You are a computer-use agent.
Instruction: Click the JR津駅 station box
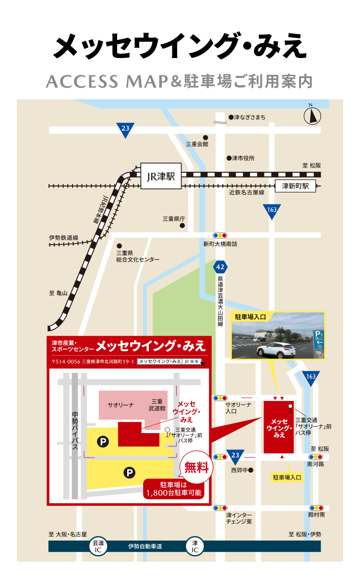[x=160, y=177]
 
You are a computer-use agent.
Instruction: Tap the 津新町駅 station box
[x=295, y=186]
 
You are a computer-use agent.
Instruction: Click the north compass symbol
[x=312, y=115]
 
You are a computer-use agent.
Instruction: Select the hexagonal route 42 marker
[x=220, y=267]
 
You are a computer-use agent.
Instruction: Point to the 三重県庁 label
[x=173, y=219]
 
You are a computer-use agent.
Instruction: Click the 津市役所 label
[x=243, y=158]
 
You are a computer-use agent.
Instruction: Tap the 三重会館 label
[x=197, y=143]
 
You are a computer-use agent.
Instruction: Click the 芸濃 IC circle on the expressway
[x=98, y=546]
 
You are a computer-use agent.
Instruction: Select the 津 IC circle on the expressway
[x=195, y=546]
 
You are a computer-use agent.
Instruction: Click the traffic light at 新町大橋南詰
[x=220, y=236]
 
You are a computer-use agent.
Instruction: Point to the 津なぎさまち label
[x=249, y=117]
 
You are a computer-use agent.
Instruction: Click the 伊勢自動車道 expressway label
[x=145, y=546]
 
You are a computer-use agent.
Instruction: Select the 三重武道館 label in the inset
[x=158, y=404]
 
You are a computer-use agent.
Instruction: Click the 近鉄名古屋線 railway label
[x=247, y=192]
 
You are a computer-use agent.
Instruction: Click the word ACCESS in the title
[x=82, y=82]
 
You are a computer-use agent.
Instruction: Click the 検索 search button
[x=192, y=361]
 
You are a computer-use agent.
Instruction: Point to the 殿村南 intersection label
[x=316, y=515]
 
